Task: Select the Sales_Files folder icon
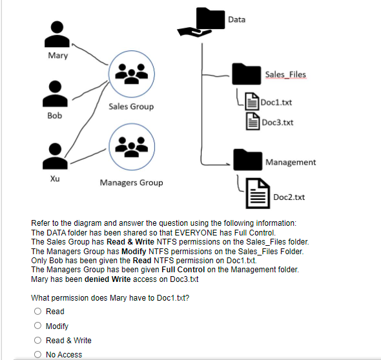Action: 247,75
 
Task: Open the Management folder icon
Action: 247,161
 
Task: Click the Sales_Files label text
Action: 285,75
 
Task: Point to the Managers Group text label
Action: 131,183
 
